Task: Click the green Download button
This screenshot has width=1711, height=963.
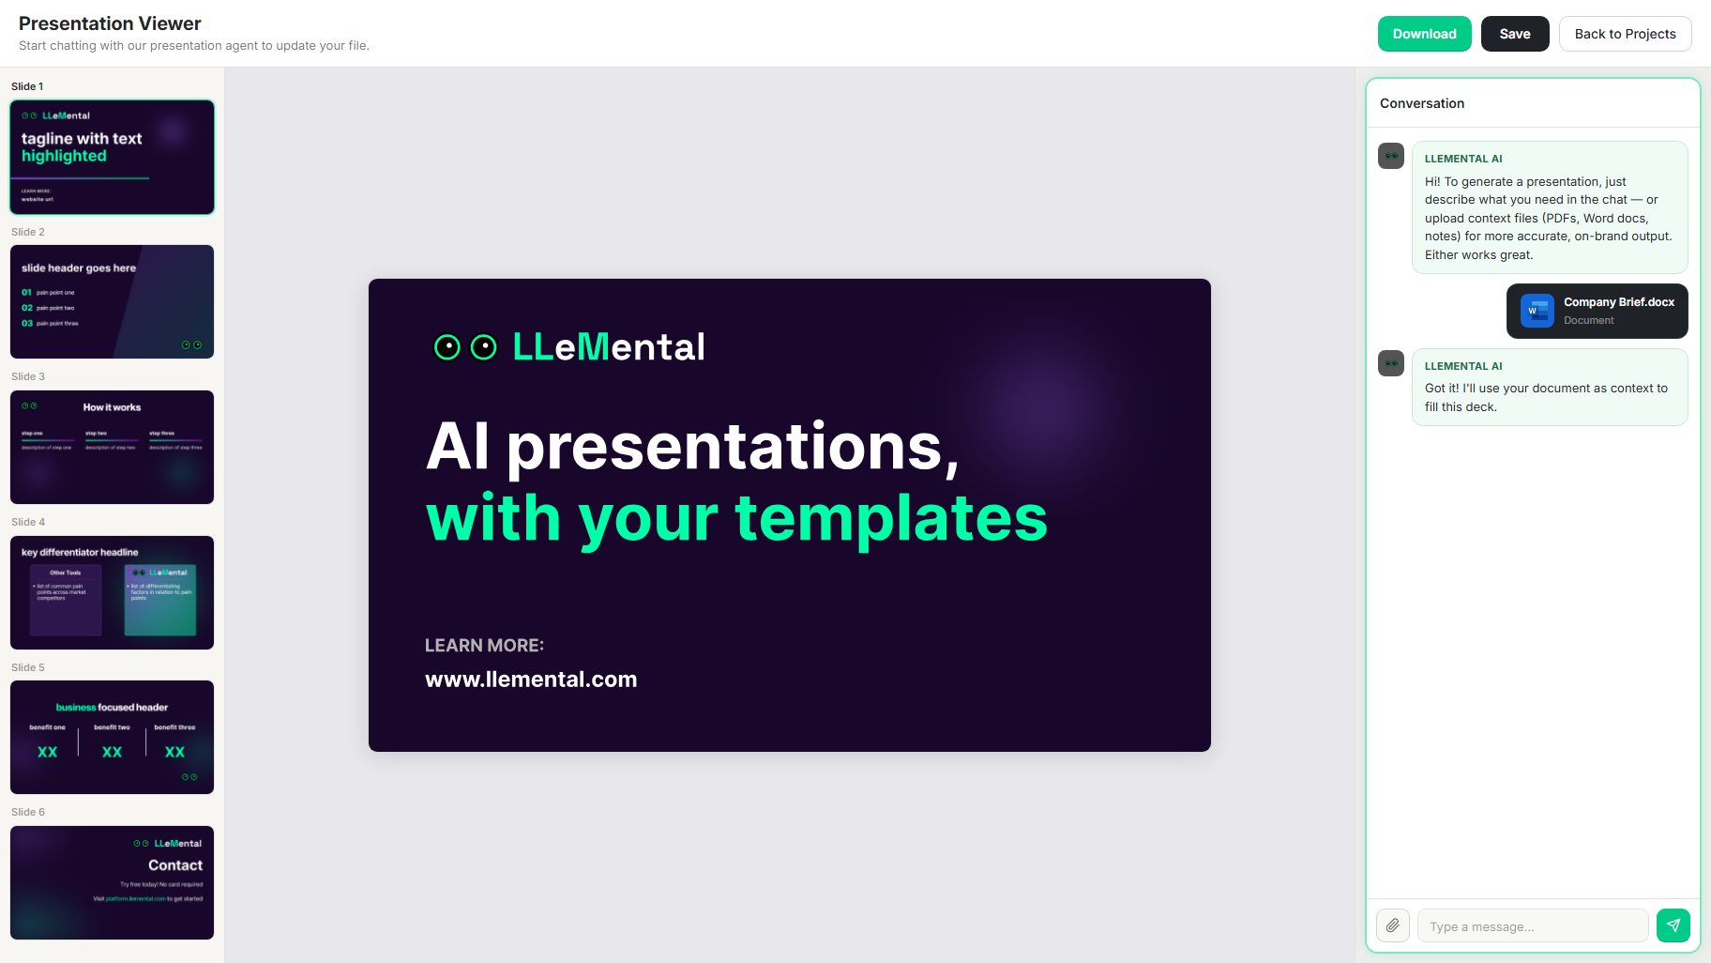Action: [x=1424, y=34]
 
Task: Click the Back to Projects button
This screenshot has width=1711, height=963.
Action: [x=1625, y=34]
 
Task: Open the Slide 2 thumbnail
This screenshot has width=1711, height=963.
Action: [x=112, y=301]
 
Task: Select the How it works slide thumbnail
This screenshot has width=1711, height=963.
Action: [x=112, y=447]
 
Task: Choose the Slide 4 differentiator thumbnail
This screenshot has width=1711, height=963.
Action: [x=112, y=592]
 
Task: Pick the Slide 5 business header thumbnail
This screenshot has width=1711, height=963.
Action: [x=112, y=737]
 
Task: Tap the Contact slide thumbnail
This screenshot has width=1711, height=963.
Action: [x=112, y=882]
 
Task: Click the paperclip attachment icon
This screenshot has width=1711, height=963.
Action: [x=1393, y=925]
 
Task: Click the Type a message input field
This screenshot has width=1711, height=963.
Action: [x=1532, y=925]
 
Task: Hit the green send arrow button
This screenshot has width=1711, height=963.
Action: [x=1673, y=925]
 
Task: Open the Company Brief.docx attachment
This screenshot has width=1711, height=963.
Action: [x=1597, y=311]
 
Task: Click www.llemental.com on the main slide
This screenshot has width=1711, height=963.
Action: [x=531, y=680]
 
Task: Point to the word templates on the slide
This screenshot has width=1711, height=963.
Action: [x=890, y=518]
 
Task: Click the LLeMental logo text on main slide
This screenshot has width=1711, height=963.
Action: [x=609, y=347]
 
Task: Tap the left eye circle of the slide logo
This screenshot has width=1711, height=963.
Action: [x=447, y=347]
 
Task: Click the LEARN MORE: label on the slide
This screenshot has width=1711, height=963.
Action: [x=484, y=646]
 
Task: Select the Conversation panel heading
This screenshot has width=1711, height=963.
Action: [x=1421, y=103]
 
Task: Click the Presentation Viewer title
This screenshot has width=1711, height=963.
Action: [x=110, y=23]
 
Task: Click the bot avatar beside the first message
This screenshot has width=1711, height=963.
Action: [x=1390, y=156]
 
